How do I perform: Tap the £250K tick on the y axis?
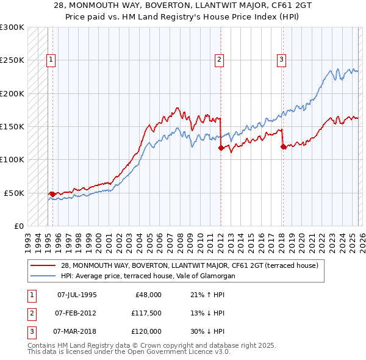tap(12, 60)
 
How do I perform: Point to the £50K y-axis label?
tap(14, 193)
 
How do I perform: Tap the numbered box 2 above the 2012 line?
tap(218, 59)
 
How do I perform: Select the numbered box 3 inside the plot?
tap(281, 59)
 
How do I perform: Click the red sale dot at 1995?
tap(52, 194)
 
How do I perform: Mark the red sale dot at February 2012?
tap(220, 148)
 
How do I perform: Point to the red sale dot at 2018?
tap(283, 146)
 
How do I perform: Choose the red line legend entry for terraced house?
tap(189, 265)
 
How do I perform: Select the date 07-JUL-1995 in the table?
tap(76, 295)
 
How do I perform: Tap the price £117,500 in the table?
tap(146, 313)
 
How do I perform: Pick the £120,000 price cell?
tap(146, 331)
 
